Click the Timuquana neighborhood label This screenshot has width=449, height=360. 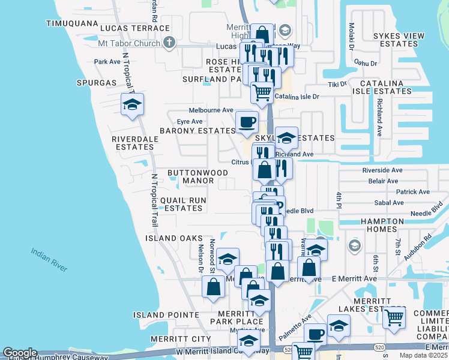pos(72,23)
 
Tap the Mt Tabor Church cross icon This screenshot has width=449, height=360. pos(169,43)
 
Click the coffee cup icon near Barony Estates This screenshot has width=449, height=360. pos(247,122)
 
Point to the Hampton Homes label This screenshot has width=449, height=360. pos(382,226)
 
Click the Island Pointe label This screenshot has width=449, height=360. pos(166,314)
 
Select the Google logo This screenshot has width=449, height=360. pos(20,353)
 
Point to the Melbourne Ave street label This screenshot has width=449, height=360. pos(211,110)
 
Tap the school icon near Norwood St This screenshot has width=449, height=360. pos(228,259)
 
